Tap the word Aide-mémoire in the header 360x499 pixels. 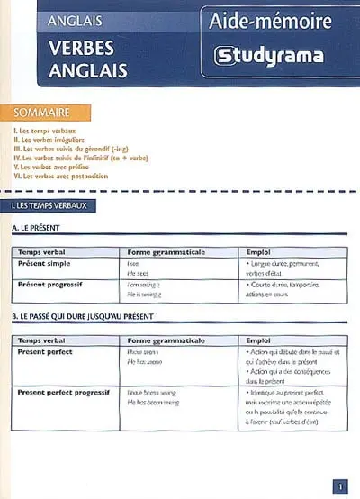click(x=270, y=21)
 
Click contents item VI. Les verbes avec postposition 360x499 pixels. click(x=61, y=176)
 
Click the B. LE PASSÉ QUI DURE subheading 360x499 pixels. click(x=82, y=317)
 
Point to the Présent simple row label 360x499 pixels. click(x=45, y=263)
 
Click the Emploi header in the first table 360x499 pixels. click(x=259, y=251)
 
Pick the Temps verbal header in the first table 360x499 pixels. click(x=41, y=251)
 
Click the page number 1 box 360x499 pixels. click(x=340, y=487)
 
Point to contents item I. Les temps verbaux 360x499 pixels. click(x=46, y=131)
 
